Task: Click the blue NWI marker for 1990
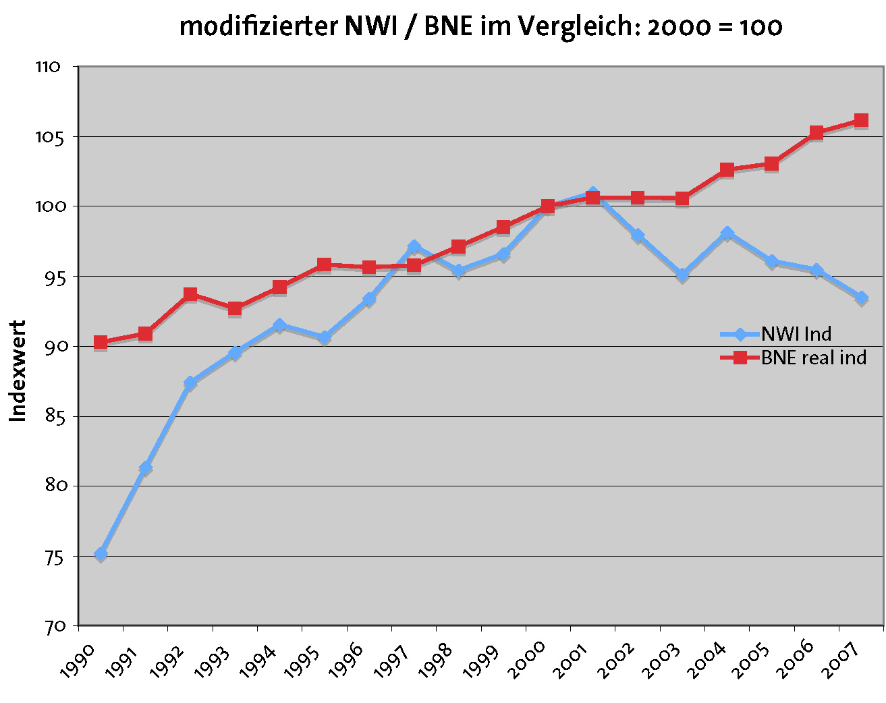coord(101,554)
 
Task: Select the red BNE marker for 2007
coord(861,121)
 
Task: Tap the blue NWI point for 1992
coord(190,383)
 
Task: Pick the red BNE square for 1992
coord(190,294)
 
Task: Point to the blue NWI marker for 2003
coord(682,274)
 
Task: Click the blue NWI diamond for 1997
coord(414,246)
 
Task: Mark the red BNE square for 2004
coord(727,169)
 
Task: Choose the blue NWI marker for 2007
coord(861,297)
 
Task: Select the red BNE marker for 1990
coord(101,342)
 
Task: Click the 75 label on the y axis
coord(55,557)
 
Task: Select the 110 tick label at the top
coord(48,67)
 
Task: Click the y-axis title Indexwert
coord(18,371)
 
